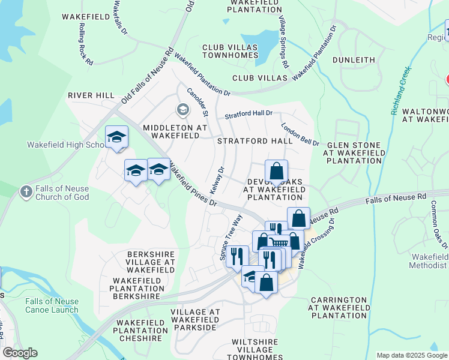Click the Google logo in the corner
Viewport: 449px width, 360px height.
20,353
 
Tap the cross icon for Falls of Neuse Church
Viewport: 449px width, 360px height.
26,191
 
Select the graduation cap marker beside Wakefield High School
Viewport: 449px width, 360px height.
116,137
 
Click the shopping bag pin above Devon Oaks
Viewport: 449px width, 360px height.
276,172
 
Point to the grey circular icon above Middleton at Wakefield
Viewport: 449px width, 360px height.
182,110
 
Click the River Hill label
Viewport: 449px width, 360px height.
91,95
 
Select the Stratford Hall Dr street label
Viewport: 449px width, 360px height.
249,113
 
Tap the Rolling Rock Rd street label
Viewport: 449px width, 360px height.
85,46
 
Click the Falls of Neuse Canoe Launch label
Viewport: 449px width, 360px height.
52,305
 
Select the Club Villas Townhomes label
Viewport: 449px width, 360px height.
230,51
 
